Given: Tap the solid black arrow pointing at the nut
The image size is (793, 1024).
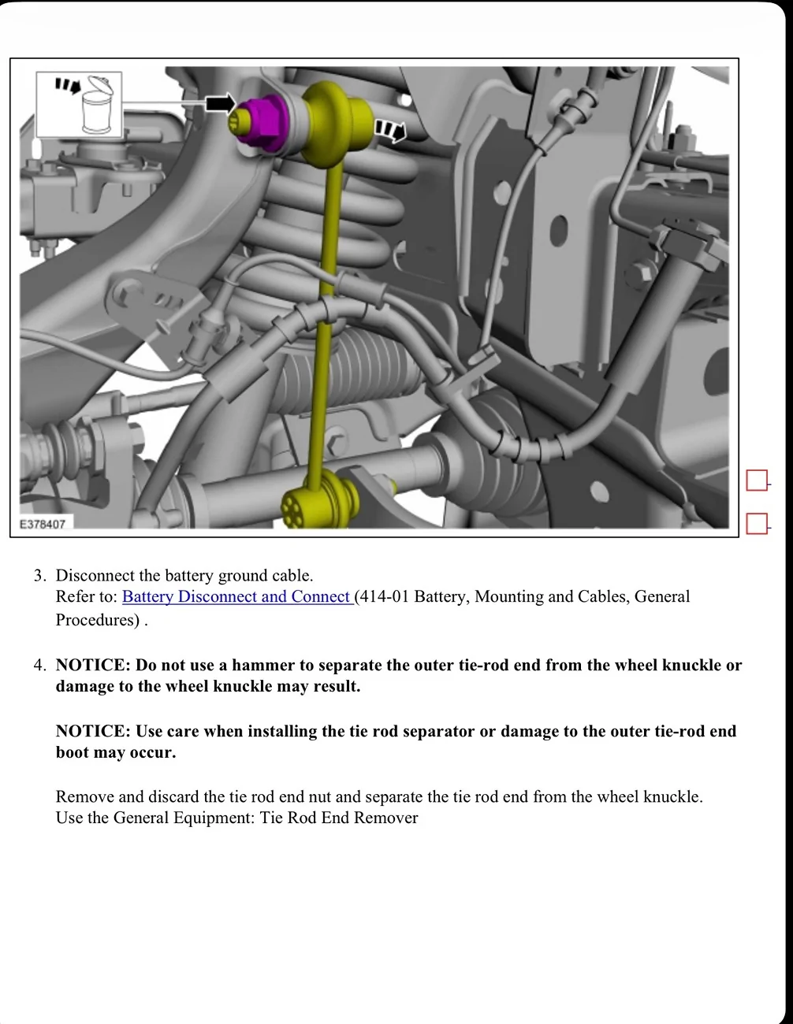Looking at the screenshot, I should coord(220,103).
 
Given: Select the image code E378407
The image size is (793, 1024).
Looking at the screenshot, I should coord(43,524).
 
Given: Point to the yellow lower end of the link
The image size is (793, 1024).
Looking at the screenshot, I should coord(319,502).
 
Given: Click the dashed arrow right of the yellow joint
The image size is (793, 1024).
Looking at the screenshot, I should coord(389,130).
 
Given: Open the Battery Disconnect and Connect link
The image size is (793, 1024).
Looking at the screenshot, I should coord(236,597).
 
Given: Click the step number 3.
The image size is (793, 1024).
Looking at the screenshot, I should coord(39,576).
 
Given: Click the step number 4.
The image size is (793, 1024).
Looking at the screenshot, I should coord(39,666).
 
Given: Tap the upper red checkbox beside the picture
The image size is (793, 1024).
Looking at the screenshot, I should coord(757,480).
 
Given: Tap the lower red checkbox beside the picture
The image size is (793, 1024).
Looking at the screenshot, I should coord(757,524).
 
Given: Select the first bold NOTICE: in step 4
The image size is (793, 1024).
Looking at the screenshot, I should coord(92,666).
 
